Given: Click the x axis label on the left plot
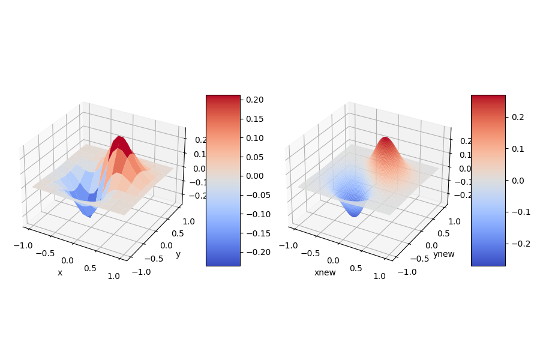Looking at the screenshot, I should pyautogui.click(x=60, y=273).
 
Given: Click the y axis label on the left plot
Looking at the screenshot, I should pyautogui.click(x=178, y=254).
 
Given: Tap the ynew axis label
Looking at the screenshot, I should pyautogui.click(x=443, y=254).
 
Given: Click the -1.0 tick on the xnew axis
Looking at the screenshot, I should pyautogui.click(x=290, y=245).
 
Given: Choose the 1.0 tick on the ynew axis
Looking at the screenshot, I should pyautogui.click(x=454, y=221).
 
